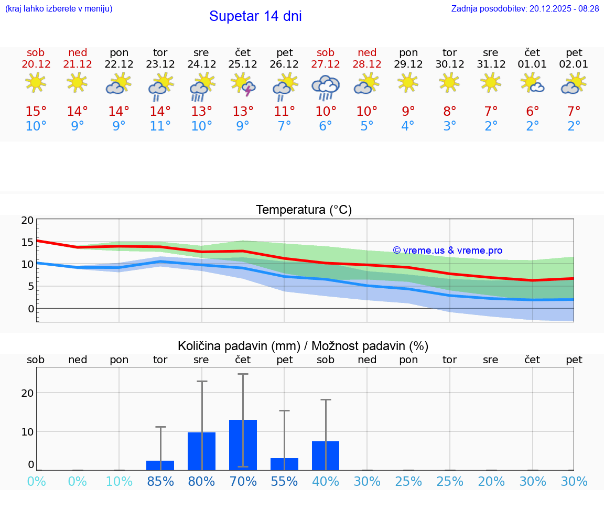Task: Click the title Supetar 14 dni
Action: (255, 16)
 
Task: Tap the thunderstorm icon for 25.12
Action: (243, 84)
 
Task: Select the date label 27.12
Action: (326, 64)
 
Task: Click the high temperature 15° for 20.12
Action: (36, 111)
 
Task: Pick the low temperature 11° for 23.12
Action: (160, 126)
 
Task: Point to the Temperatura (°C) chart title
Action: (304, 210)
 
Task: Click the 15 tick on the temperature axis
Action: (27, 242)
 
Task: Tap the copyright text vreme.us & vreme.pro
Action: (448, 251)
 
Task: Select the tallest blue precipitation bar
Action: (243, 444)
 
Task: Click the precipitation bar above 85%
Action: (160, 465)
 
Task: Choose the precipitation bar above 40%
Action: (326, 455)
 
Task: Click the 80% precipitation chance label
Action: (201, 481)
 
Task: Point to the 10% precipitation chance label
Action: (119, 481)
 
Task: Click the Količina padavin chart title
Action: (303, 346)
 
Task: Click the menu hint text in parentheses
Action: (59, 8)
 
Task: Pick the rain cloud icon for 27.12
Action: (326, 86)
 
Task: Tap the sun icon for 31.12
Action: (491, 82)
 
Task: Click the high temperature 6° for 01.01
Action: (532, 111)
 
